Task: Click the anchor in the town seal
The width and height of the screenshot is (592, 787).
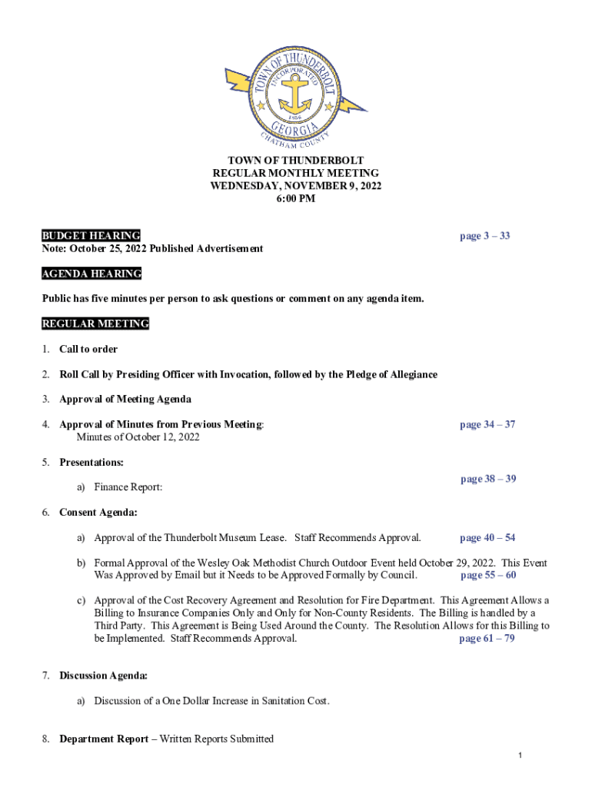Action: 295,93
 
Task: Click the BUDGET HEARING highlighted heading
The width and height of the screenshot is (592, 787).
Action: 91,235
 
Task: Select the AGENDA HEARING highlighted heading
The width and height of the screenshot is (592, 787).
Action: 91,274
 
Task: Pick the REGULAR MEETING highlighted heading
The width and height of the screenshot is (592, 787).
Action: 95,324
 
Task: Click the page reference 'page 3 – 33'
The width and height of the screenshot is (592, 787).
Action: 484,236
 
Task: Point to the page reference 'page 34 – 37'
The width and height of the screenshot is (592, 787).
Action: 487,424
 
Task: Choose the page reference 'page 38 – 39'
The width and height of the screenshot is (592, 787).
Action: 488,479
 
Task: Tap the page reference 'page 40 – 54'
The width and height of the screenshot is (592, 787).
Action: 487,538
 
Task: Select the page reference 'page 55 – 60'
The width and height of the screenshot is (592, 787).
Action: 488,575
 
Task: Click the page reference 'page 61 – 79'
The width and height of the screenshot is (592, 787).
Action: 487,639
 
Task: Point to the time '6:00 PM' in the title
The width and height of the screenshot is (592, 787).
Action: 296,199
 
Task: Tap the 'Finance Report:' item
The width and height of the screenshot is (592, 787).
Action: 128,487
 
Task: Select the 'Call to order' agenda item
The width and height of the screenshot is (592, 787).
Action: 88,349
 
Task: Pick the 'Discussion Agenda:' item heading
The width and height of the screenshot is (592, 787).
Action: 104,676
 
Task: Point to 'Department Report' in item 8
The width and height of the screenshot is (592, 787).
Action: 104,739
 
